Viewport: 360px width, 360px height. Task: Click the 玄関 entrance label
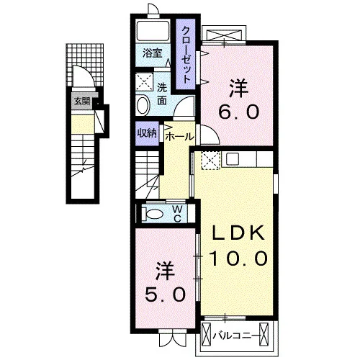82,102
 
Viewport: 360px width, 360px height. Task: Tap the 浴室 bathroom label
153,53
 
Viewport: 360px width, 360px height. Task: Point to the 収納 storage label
147,133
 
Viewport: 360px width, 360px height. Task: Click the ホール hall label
179,137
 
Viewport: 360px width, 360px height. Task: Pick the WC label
177,214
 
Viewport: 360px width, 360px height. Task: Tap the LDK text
238,233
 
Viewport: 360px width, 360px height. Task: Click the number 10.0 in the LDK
238,258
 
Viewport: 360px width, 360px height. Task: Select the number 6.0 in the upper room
239,112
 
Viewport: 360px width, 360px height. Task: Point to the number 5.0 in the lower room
165,294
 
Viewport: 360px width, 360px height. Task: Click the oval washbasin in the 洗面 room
143,106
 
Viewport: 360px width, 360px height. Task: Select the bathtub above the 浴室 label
153,31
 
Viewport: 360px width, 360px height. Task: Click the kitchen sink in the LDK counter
232,158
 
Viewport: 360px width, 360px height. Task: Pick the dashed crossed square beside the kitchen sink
210,161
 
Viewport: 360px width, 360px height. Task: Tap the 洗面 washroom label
162,94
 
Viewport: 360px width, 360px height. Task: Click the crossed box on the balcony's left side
207,334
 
